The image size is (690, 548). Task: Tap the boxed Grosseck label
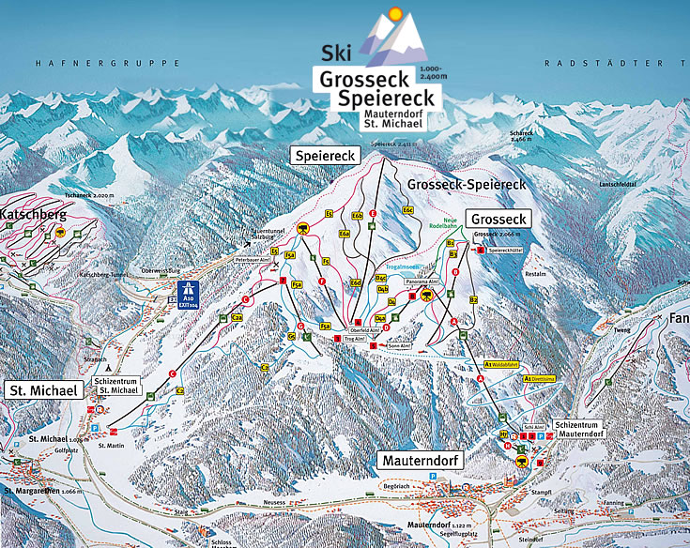[498, 219]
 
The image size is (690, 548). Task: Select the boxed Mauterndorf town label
[422, 461]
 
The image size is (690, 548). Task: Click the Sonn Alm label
[399, 345]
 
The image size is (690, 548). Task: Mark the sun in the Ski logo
[394, 13]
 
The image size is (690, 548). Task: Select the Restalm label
[535, 275]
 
